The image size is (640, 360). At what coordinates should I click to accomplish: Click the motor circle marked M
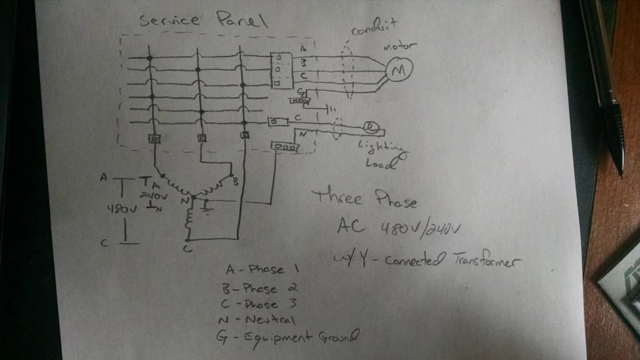tap(396, 72)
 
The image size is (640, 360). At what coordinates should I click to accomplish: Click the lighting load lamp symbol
tap(371, 127)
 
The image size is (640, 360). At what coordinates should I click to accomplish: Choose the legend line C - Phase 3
tap(259, 304)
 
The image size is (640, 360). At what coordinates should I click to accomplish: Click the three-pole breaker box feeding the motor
tap(276, 69)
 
